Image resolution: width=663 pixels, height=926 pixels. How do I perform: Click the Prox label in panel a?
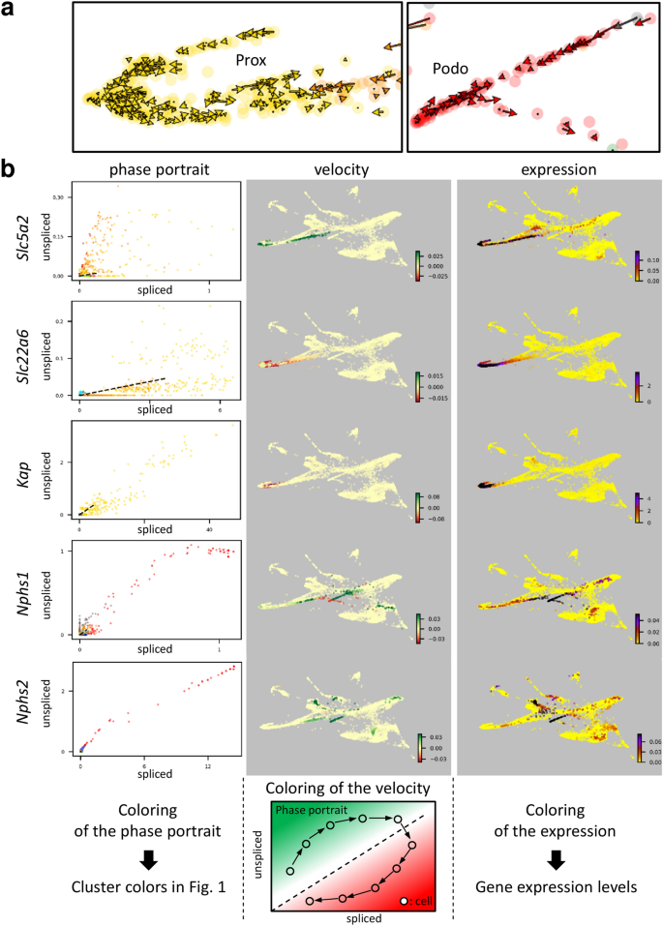[252, 60]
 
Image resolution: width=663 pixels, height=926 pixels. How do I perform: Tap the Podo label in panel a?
[450, 71]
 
